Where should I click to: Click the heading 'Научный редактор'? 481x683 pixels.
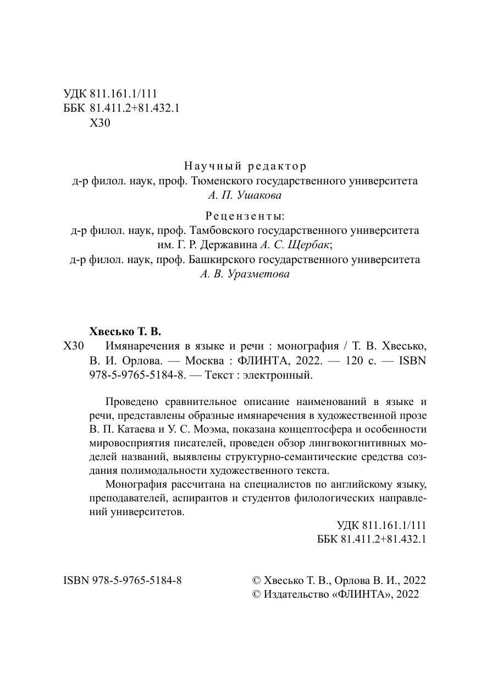pyautogui.click(x=245, y=166)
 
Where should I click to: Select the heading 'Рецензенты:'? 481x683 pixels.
pyautogui.click(x=245, y=215)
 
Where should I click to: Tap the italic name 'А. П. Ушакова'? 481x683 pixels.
pyautogui.click(x=245, y=194)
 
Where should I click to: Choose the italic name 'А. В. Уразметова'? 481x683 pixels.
pyautogui.click(x=245, y=274)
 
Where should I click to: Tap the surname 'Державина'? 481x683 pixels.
pyautogui.click(x=231, y=245)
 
